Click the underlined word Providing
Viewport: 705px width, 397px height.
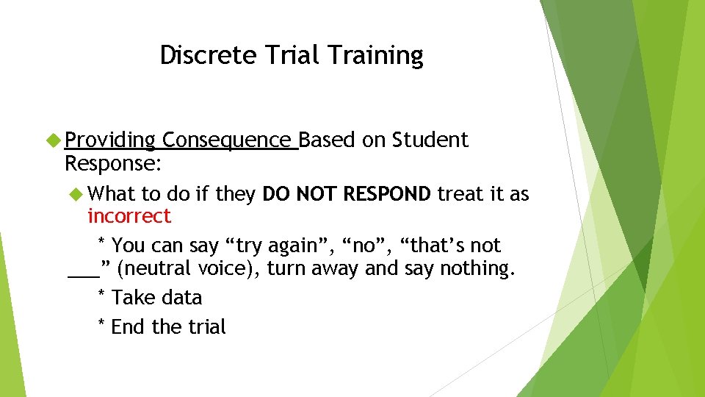click(110, 140)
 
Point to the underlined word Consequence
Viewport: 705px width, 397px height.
click(228, 140)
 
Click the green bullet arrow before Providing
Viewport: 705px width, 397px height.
click(54, 140)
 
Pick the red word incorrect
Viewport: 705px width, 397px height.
click(129, 216)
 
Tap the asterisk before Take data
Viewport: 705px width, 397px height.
click(101, 296)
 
